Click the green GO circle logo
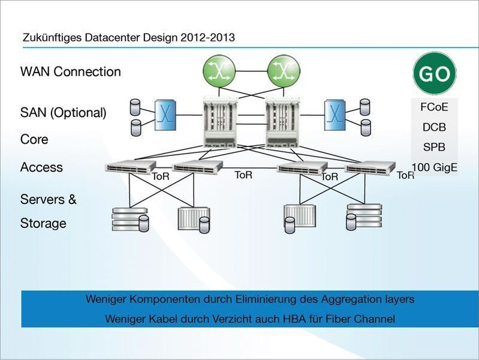point(434,73)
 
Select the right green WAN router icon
point(284,71)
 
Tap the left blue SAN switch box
point(164,115)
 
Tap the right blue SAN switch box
point(335,115)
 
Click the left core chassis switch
point(221,122)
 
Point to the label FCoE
point(434,107)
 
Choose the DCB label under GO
point(434,127)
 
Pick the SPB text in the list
point(434,147)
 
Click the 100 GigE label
point(435,167)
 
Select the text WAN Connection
point(71,72)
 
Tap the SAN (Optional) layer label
point(64,112)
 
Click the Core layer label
point(34,139)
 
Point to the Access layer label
point(41,167)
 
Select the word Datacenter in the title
point(107,38)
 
